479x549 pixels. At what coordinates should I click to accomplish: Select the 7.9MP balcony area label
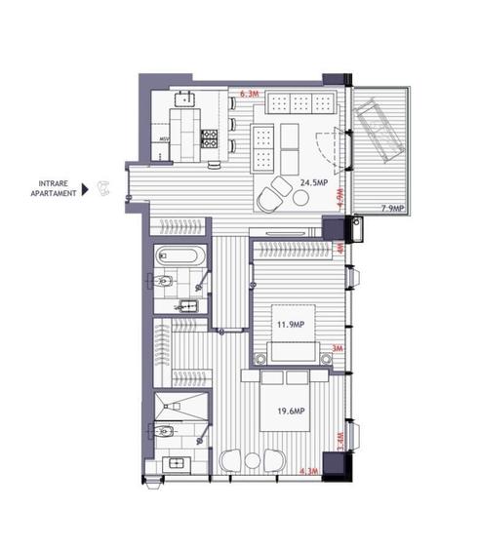[398, 208]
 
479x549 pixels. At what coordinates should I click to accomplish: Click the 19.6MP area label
[292, 411]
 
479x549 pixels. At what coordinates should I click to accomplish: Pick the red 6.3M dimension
[249, 94]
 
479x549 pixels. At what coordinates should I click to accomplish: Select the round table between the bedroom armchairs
[250, 460]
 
